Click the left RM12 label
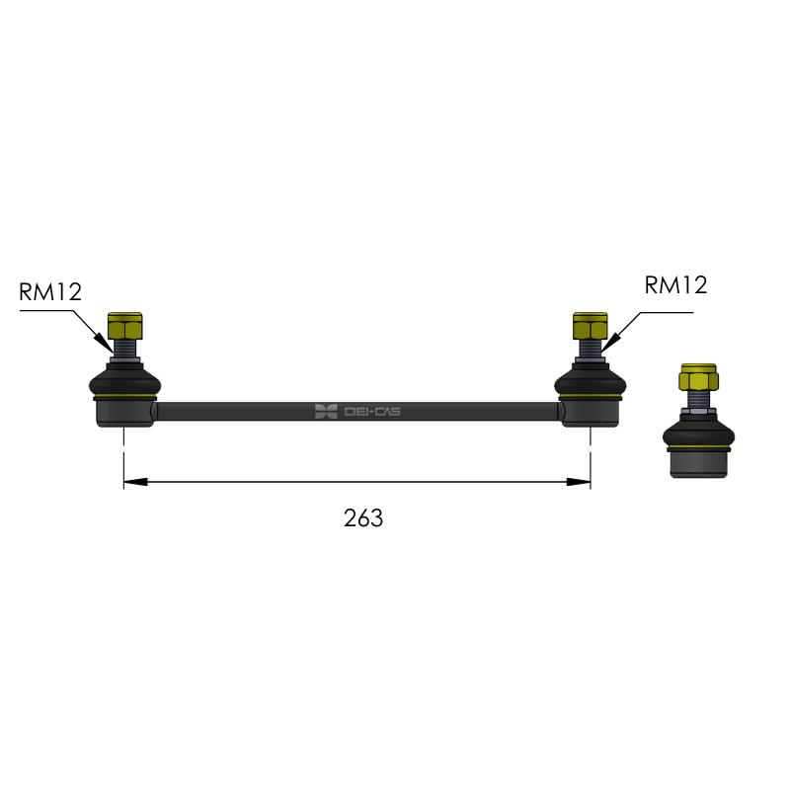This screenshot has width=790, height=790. tap(50, 292)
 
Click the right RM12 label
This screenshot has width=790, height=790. tap(676, 285)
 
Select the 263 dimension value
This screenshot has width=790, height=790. tap(363, 517)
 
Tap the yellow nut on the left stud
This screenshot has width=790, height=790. tap(125, 326)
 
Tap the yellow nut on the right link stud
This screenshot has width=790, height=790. tap(591, 326)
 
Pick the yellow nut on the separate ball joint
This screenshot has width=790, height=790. tap(699, 377)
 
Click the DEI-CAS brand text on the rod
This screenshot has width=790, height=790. tap(372, 412)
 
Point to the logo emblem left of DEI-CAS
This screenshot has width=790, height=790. tap(326, 412)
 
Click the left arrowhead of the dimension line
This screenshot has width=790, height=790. tap(135, 482)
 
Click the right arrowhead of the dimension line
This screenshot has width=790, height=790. tap(579, 482)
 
